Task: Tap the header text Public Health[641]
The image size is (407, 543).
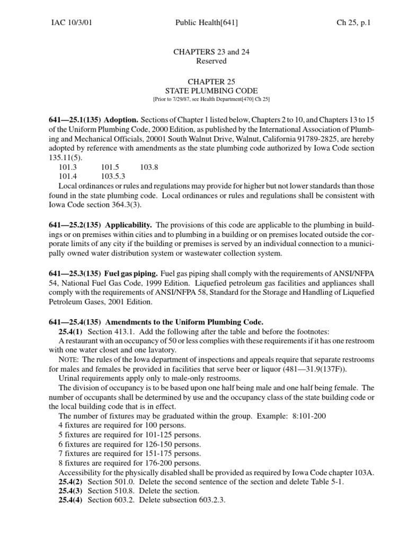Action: pos(203,23)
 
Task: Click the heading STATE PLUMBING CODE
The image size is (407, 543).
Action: pos(203,91)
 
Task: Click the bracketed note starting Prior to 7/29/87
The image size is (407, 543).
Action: pos(203,100)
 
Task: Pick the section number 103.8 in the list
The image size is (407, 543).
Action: pos(149,167)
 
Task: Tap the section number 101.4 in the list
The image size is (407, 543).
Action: pos(68,176)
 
